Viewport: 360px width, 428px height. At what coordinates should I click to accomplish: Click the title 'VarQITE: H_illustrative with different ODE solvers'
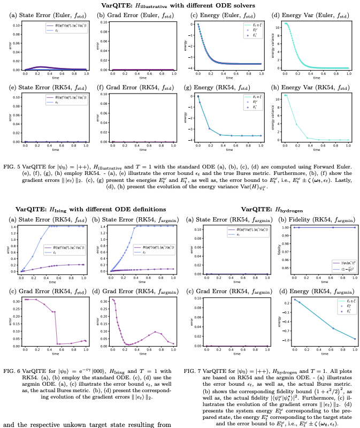click(180, 5)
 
